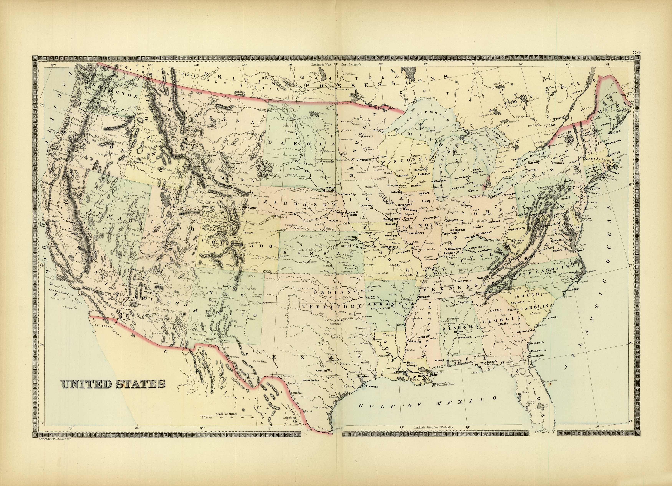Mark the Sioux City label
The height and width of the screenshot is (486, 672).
click(x=349, y=194)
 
